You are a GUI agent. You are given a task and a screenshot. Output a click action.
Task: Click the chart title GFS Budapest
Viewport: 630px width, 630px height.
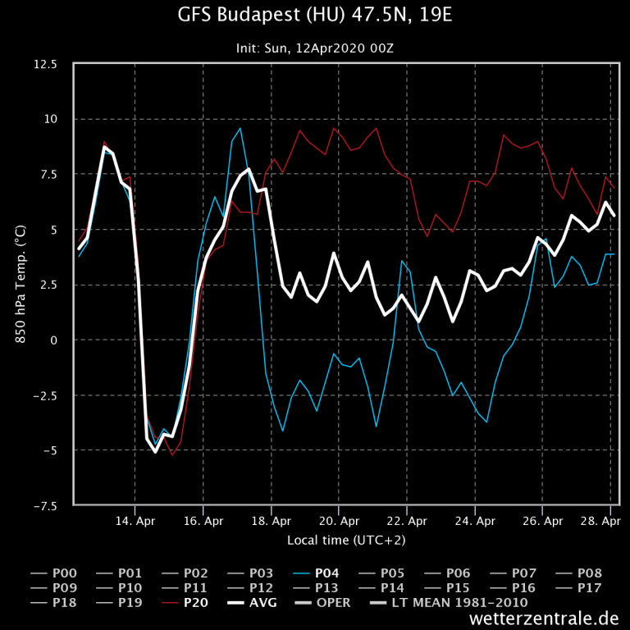click(314, 16)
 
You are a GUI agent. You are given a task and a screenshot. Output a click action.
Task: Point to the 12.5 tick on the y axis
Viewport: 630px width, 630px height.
click(46, 64)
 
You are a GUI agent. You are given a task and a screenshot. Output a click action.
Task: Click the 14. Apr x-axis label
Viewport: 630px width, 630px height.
click(135, 521)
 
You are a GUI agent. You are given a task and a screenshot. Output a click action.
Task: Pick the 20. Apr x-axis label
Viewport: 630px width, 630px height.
click(339, 521)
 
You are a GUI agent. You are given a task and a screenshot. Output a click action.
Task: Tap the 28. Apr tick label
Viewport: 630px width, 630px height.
click(600, 521)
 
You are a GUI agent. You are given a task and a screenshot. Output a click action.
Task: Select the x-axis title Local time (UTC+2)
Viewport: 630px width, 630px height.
click(345, 540)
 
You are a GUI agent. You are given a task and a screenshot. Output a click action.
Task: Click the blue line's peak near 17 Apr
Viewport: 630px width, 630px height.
click(240, 128)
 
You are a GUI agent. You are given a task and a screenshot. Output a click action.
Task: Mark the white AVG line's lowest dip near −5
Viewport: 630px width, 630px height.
click(156, 452)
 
